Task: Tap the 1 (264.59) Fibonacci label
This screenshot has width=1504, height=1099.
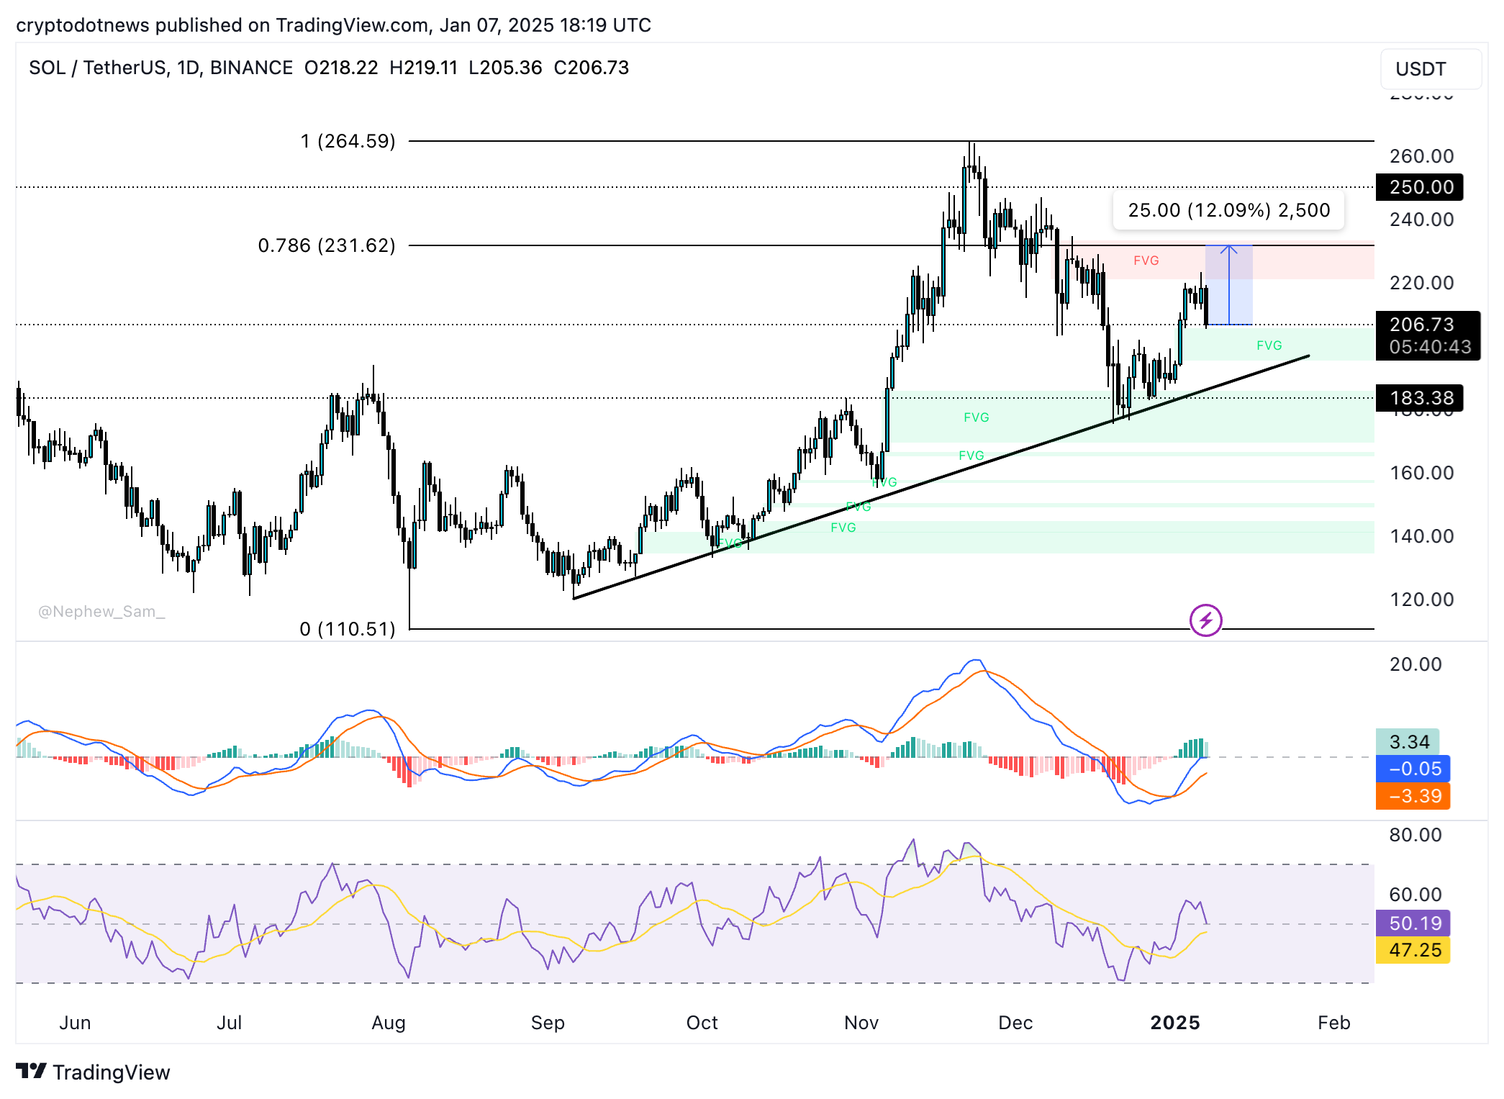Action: point(348,141)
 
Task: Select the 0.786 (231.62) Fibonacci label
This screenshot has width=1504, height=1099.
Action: point(327,245)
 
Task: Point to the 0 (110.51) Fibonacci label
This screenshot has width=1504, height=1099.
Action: point(347,629)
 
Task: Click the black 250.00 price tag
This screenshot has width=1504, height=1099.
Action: point(1419,187)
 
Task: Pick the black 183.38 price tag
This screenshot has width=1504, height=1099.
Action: point(1419,398)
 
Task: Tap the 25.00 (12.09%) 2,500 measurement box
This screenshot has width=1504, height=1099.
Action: point(1228,210)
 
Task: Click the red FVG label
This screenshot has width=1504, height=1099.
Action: point(1146,261)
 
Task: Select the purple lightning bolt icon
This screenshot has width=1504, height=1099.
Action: point(1205,620)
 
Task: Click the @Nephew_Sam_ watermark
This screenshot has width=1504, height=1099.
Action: point(101,612)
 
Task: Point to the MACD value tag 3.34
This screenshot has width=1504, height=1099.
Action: point(1408,742)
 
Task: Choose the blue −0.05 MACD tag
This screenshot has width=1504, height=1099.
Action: point(1412,769)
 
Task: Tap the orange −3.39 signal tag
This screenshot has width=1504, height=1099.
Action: point(1412,796)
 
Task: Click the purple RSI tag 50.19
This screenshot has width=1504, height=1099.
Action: point(1412,923)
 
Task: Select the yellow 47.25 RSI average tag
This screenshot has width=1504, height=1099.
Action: point(1412,950)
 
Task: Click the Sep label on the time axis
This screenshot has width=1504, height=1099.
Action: point(548,1023)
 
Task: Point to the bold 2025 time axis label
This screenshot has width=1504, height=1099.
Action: point(1174,1023)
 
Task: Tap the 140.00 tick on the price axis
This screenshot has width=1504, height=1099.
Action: point(1421,536)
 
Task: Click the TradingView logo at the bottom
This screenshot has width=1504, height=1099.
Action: point(94,1072)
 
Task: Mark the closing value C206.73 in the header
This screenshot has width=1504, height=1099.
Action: point(591,68)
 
